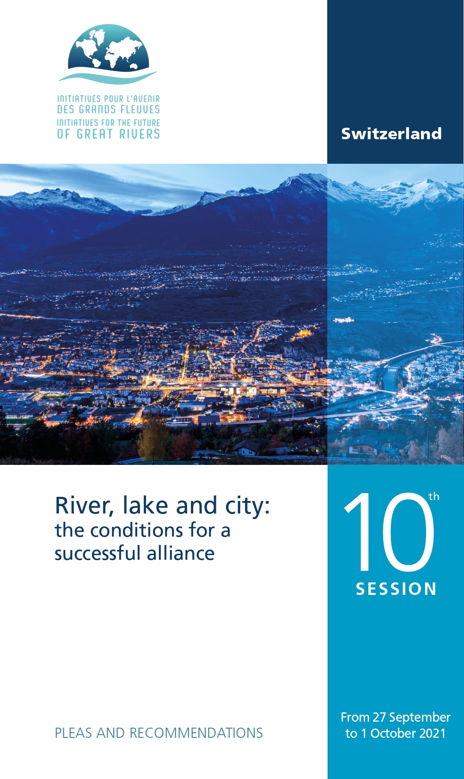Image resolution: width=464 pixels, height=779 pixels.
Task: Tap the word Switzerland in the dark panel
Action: pos(391,134)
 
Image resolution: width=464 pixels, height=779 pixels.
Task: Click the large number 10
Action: pos(389,532)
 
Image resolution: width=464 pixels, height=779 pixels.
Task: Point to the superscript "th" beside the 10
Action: pos(434,496)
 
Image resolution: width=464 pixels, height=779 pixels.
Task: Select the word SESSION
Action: pos(396,589)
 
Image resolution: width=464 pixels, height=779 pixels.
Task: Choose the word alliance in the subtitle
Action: pos(180,553)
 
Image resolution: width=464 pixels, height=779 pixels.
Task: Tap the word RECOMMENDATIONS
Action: pos(196,733)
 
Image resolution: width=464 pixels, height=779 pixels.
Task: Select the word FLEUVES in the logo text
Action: pos(140,110)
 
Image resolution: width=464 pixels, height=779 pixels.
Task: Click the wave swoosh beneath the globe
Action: pos(108,77)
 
